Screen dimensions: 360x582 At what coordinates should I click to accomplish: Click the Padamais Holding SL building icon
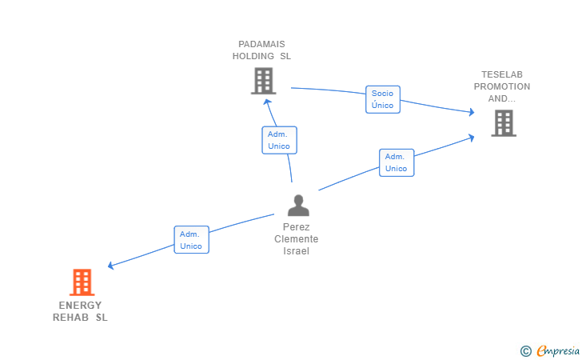click(263, 81)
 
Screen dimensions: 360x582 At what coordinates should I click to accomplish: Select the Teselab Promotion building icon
click(503, 123)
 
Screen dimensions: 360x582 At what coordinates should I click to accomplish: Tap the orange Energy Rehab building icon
click(82, 282)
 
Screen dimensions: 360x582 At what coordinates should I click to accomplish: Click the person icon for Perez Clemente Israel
click(297, 206)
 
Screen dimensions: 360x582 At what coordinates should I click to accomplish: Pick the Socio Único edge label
click(383, 99)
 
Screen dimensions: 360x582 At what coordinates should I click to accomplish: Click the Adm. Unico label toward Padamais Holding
click(279, 140)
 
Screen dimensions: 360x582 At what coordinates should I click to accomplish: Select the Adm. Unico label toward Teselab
click(397, 162)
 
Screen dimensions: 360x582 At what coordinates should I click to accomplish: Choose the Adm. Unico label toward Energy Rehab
click(192, 239)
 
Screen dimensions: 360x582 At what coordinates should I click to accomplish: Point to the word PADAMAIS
click(261, 44)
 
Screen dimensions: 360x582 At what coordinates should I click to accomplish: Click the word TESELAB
click(502, 74)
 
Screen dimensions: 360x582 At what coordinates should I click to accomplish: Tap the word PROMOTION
click(502, 86)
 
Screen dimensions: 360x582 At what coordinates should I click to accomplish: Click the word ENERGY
click(80, 305)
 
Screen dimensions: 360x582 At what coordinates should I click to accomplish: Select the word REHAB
click(70, 318)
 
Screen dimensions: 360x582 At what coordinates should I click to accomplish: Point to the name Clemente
click(297, 239)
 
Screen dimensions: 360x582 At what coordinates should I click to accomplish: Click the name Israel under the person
click(297, 251)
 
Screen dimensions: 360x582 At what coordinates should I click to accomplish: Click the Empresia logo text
click(558, 350)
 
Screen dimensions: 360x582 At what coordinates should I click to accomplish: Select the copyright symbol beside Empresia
click(525, 350)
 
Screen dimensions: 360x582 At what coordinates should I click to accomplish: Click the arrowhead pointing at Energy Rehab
click(111, 266)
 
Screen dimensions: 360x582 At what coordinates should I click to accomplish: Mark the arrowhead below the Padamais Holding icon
click(267, 100)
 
